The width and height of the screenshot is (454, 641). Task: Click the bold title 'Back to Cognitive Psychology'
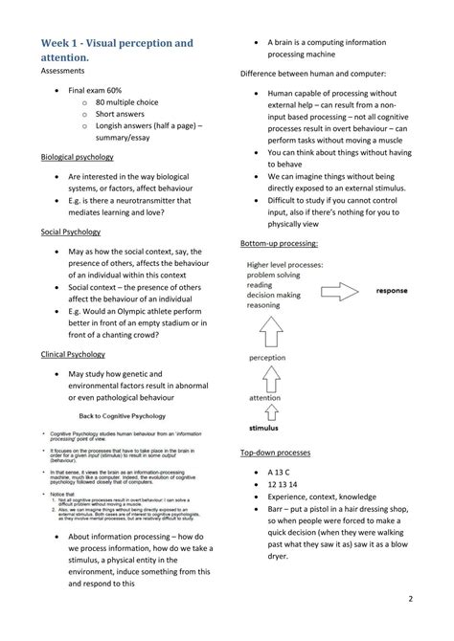click(x=125, y=416)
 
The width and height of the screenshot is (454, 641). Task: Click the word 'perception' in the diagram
click(x=267, y=358)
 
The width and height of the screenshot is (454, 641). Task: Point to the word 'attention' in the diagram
click(x=265, y=396)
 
